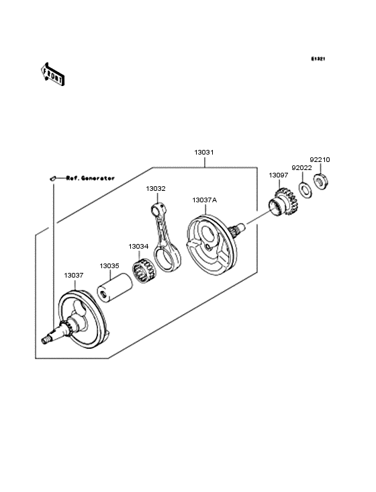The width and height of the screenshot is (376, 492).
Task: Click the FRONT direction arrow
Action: tap(52, 74)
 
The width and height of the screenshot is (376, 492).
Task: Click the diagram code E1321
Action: tap(318, 58)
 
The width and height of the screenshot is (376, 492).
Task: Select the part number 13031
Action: tap(204, 153)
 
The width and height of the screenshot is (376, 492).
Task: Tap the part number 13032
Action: tap(156, 189)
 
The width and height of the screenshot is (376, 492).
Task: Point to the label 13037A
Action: tap(205, 200)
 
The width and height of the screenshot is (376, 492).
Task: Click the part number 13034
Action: tap(138, 247)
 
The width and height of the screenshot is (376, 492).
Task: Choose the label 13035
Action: tap(109, 266)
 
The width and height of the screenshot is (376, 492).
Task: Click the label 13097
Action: tap(278, 175)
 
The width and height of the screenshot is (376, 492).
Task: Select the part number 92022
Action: tap(301, 168)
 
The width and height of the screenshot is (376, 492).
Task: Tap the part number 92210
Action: tap(320, 160)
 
